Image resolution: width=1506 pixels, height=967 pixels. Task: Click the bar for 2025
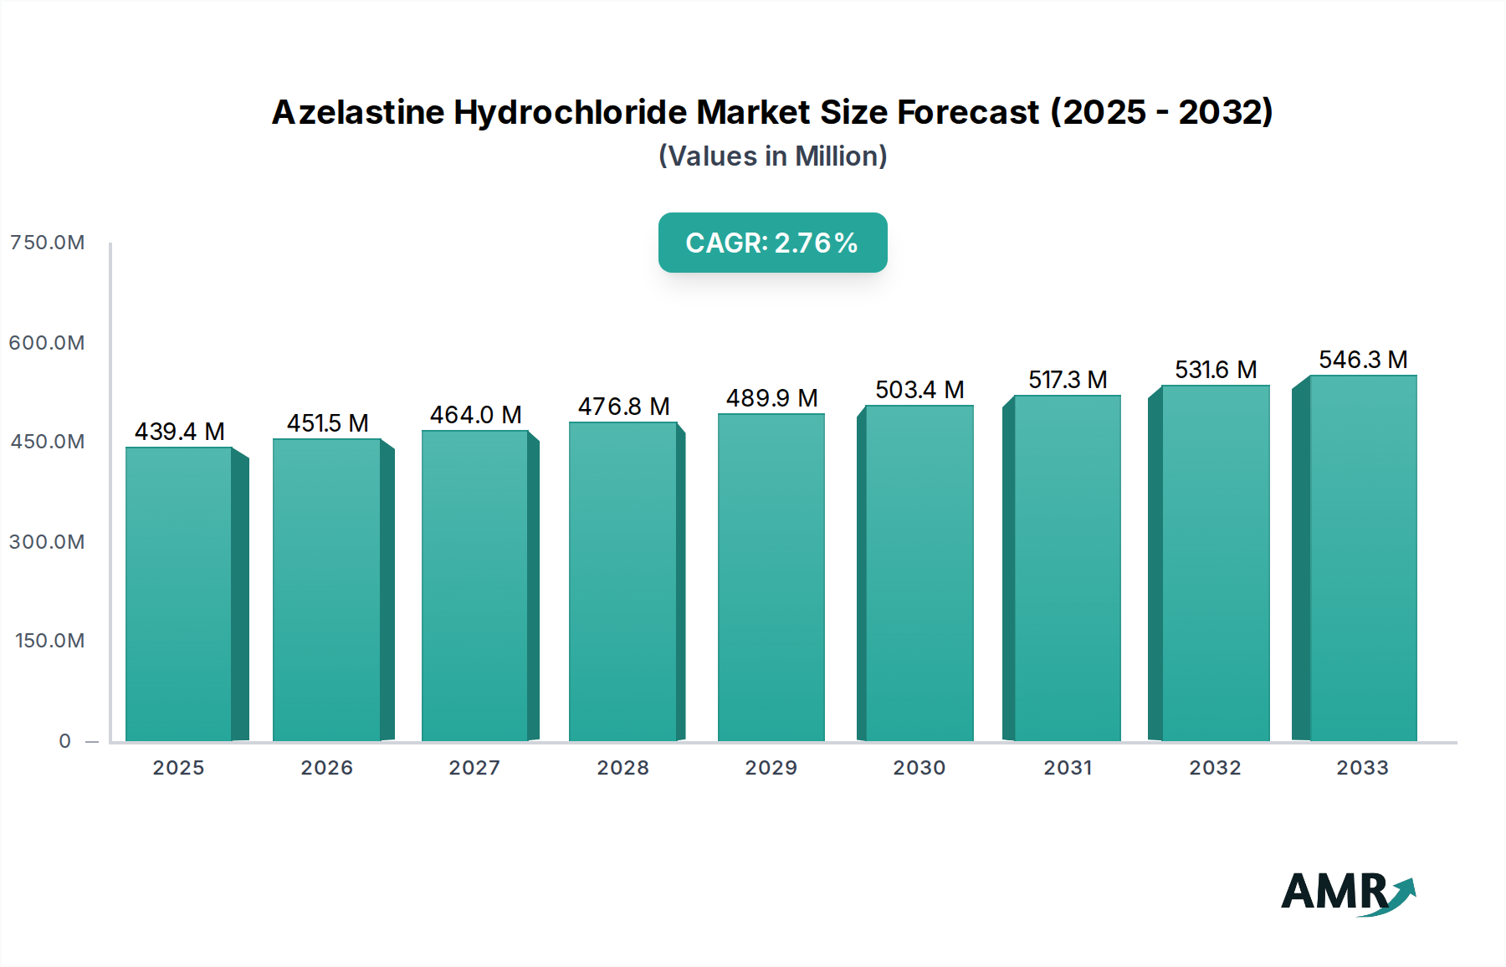point(179,594)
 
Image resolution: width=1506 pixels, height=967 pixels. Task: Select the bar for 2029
point(771,577)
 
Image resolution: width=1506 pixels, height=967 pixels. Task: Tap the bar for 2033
point(1362,558)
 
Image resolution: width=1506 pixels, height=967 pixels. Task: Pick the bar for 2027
point(475,586)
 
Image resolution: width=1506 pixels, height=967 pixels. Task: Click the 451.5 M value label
point(328,423)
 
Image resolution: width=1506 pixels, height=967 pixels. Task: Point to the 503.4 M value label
point(919,390)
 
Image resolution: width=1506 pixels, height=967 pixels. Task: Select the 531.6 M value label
point(1216,370)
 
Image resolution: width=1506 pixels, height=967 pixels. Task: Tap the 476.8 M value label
point(624,407)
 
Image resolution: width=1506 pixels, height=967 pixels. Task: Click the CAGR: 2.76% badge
point(772,243)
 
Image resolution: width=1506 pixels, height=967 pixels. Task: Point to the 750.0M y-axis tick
point(48,243)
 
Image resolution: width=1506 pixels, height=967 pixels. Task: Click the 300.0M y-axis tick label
point(48,542)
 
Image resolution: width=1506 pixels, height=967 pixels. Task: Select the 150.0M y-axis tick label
point(50,641)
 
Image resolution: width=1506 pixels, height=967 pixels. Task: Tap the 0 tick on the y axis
point(65,741)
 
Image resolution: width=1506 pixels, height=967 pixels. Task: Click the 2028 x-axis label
point(622,768)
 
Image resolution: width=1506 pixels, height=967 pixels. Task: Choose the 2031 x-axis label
point(1068,768)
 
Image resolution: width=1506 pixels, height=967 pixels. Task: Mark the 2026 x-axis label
point(327,768)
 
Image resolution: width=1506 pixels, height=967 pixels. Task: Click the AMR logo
point(1347,893)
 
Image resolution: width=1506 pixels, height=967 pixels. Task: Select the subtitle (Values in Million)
point(772,156)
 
